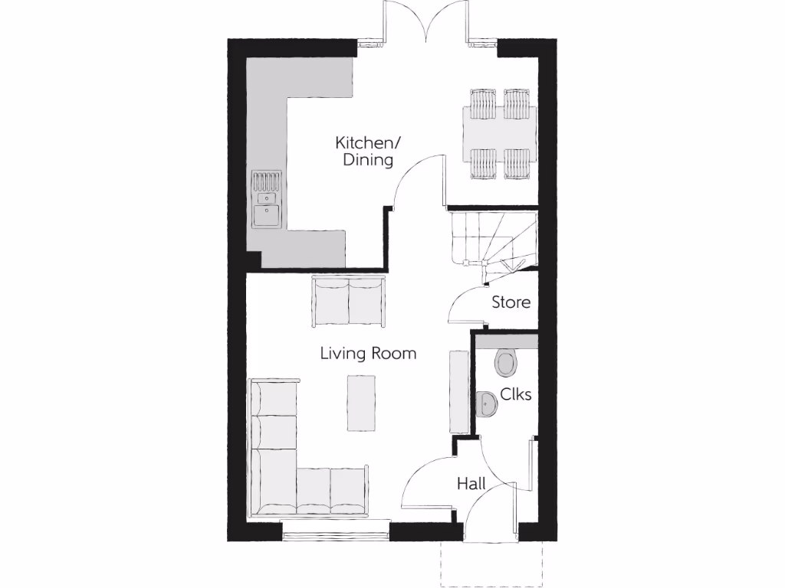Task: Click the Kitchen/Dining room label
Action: coord(363,152)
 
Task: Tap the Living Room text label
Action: coord(368,353)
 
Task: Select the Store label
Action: coord(511,302)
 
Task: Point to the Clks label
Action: coord(515,394)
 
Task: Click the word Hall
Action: coord(471,484)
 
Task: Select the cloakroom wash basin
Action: coord(485,403)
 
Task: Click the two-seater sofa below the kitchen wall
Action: coord(348,302)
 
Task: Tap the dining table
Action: coord(499,133)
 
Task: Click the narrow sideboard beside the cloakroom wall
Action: coord(458,390)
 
